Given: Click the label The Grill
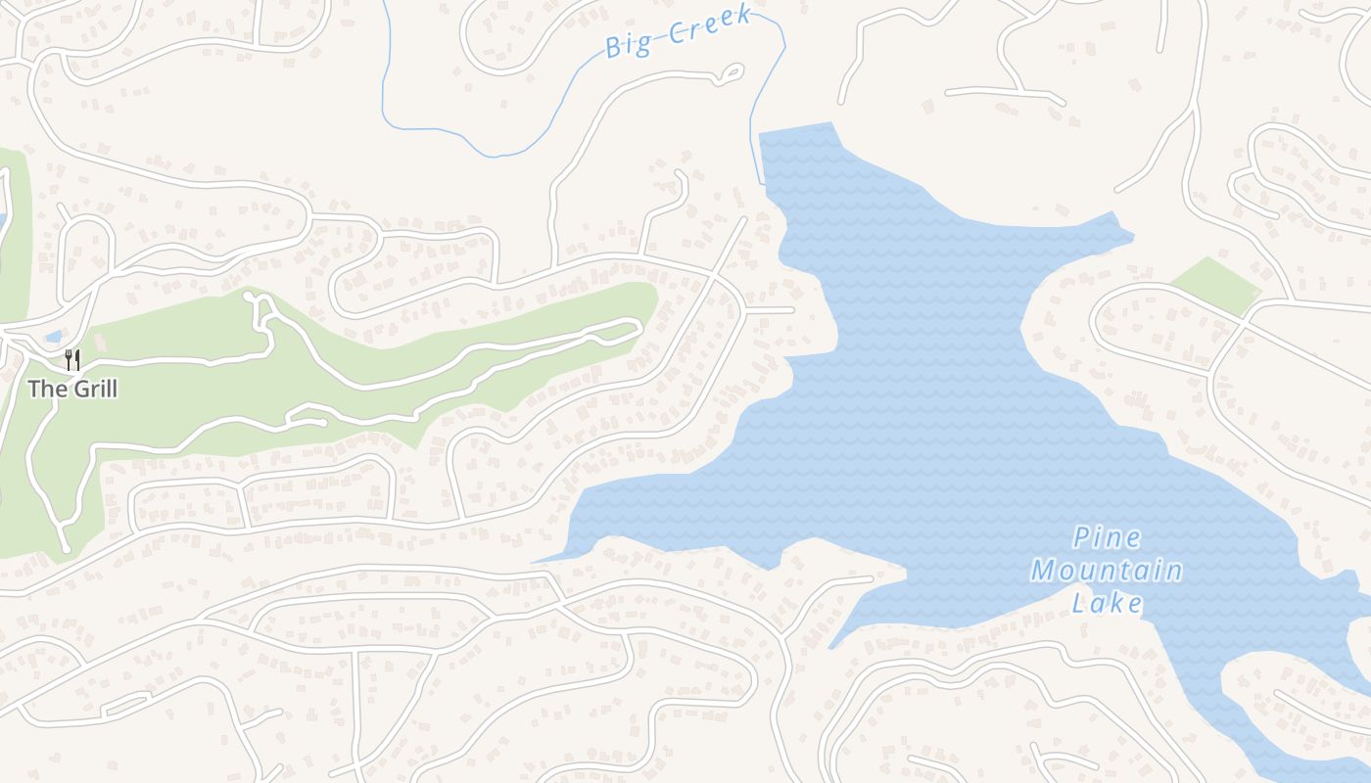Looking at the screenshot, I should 72,389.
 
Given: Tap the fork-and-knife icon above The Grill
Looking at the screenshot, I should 71,359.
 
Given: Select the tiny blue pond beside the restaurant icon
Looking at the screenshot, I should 53,338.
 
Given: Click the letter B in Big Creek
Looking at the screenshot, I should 615,46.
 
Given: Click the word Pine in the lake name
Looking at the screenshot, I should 1107,537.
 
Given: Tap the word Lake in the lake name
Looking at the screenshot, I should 1107,602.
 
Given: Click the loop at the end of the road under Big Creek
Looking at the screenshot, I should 731,73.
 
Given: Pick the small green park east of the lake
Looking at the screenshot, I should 1215,284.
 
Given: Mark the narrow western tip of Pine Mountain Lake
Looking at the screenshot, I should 536,562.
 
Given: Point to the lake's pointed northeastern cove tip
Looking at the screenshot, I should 1131,235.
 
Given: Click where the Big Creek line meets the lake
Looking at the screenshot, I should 762,182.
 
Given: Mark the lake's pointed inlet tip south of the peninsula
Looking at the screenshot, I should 831,648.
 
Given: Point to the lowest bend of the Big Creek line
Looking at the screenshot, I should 499,156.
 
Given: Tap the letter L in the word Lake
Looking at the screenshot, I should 1079,602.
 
